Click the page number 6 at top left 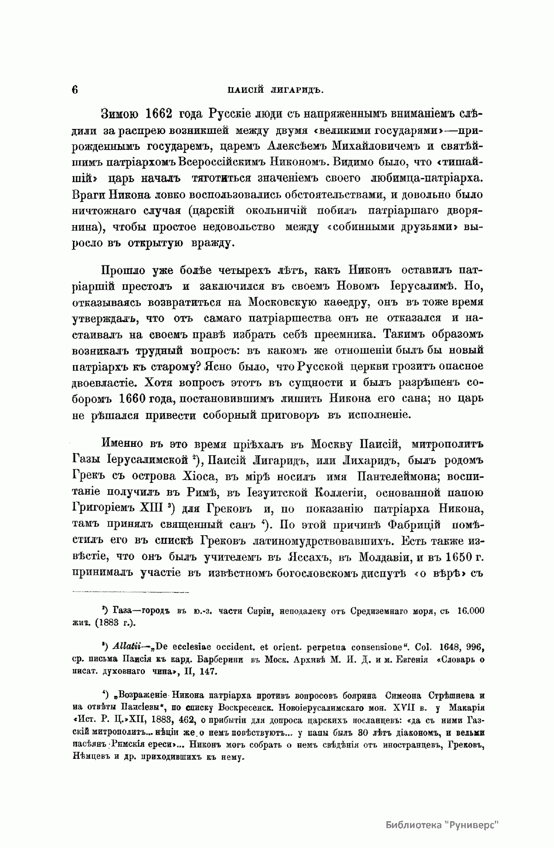pos(75,89)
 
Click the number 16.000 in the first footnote pos(470,610)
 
